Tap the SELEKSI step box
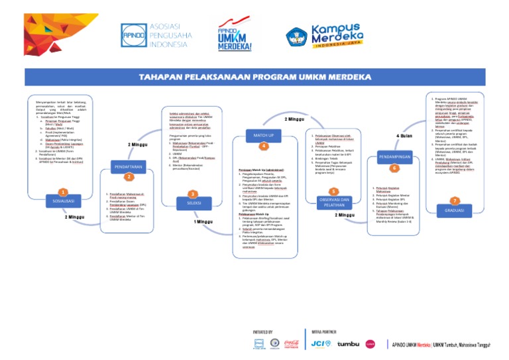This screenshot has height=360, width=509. pyautogui.click(x=194, y=202)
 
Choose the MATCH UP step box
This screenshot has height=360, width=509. pyautogui.click(x=263, y=135)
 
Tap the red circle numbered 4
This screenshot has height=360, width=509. pyautogui.click(x=263, y=147)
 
